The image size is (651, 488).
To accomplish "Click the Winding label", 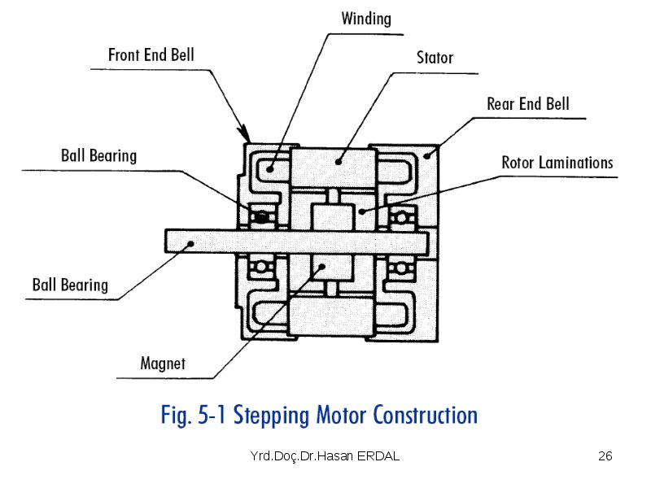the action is pyautogui.click(x=366, y=19).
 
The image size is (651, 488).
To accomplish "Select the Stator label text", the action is pyautogui.click(x=435, y=58).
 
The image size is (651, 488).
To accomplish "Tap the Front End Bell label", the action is pyautogui.click(x=151, y=54).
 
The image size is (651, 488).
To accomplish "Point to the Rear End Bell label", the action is pyautogui.click(x=527, y=104).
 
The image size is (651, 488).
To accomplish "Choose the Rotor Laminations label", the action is pyautogui.click(x=557, y=162).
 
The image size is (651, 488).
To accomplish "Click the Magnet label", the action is pyautogui.click(x=163, y=364).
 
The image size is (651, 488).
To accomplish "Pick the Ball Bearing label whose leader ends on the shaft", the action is pyautogui.click(x=70, y=285).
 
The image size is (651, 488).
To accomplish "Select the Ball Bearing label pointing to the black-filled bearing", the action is pyautogui.click(x=98, y=156).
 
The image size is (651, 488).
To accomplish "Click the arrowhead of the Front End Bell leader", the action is pyautogui.click(x=245, y=133).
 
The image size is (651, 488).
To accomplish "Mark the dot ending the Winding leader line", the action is pyautogui.click(x=269, y=169).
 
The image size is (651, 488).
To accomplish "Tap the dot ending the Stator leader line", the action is pyautogui.click(x=339, y=162).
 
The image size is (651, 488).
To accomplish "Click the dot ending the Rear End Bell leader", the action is pyautogui.click(x=427, y=155).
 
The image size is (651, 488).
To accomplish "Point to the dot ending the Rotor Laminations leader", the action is pyautogui.click(x=362, y=211).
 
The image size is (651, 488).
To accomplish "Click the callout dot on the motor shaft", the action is pyautogui.click(x=190, y=243).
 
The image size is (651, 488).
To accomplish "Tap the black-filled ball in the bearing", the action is pyautogui.click(x=261, y=217).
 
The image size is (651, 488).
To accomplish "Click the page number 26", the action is pyautogui.click(x=605, y=456).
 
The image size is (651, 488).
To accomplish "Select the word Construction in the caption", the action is pyautogui.click(x=425, y=415).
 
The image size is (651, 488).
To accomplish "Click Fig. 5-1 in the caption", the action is pyautogui.click(x=193, y=416).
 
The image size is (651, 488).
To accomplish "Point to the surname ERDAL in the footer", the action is pyautogui.click(x=378, y=456).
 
